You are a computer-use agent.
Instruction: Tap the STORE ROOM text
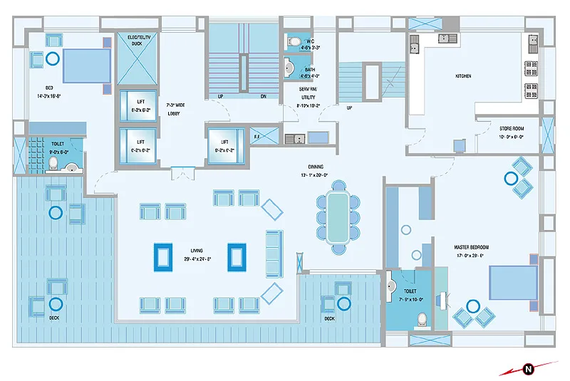(x=511, y=129)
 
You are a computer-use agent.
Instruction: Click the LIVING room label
(x=197, y=250)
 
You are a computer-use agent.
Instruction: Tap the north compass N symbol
(x=528, y=368)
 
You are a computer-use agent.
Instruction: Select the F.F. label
(x=256, y=135)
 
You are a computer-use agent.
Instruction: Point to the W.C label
(x=310, y=41)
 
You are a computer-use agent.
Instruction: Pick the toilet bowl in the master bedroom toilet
(x=422, y=320)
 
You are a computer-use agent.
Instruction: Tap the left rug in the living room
(x=164, y=257)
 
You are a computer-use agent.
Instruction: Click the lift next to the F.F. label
(x=224, y=145)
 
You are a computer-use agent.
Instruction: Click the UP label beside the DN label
(x=220, y=96)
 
